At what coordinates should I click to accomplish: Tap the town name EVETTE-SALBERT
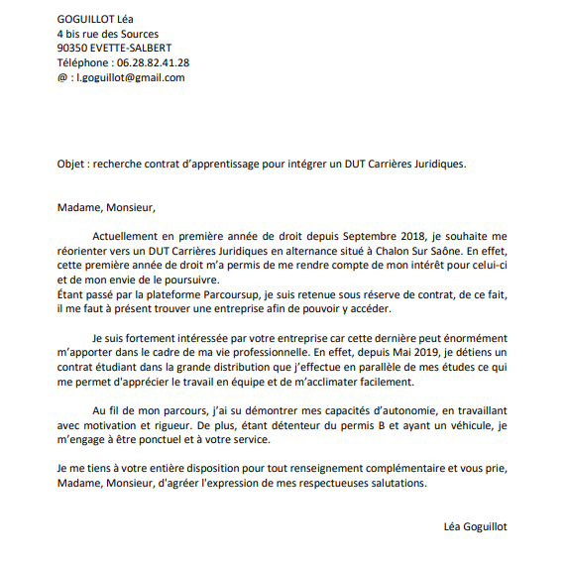(131, 48)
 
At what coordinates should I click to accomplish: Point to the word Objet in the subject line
(72, 164)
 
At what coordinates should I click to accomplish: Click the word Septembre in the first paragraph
(371, 236)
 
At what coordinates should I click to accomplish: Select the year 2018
(415, 236)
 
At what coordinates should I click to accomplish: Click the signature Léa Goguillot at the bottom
(475, 527)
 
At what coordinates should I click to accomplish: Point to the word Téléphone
(86, 62)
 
